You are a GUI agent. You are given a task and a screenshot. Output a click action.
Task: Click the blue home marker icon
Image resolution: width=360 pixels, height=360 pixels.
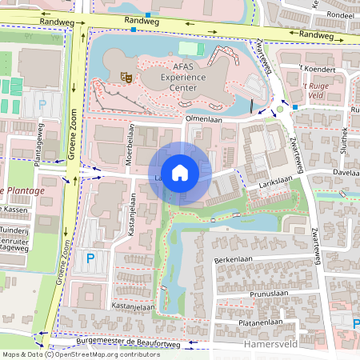pos(180,173)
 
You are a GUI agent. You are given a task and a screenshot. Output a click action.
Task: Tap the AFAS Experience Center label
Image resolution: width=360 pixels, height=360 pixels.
pos(184,77)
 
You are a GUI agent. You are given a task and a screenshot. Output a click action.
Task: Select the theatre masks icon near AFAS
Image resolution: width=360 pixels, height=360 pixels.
pos(126,76)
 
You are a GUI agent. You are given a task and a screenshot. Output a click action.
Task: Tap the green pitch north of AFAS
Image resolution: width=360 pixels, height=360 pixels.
pos(197,49)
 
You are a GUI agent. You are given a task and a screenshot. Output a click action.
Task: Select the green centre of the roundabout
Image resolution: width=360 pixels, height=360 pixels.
pos(279,109)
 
